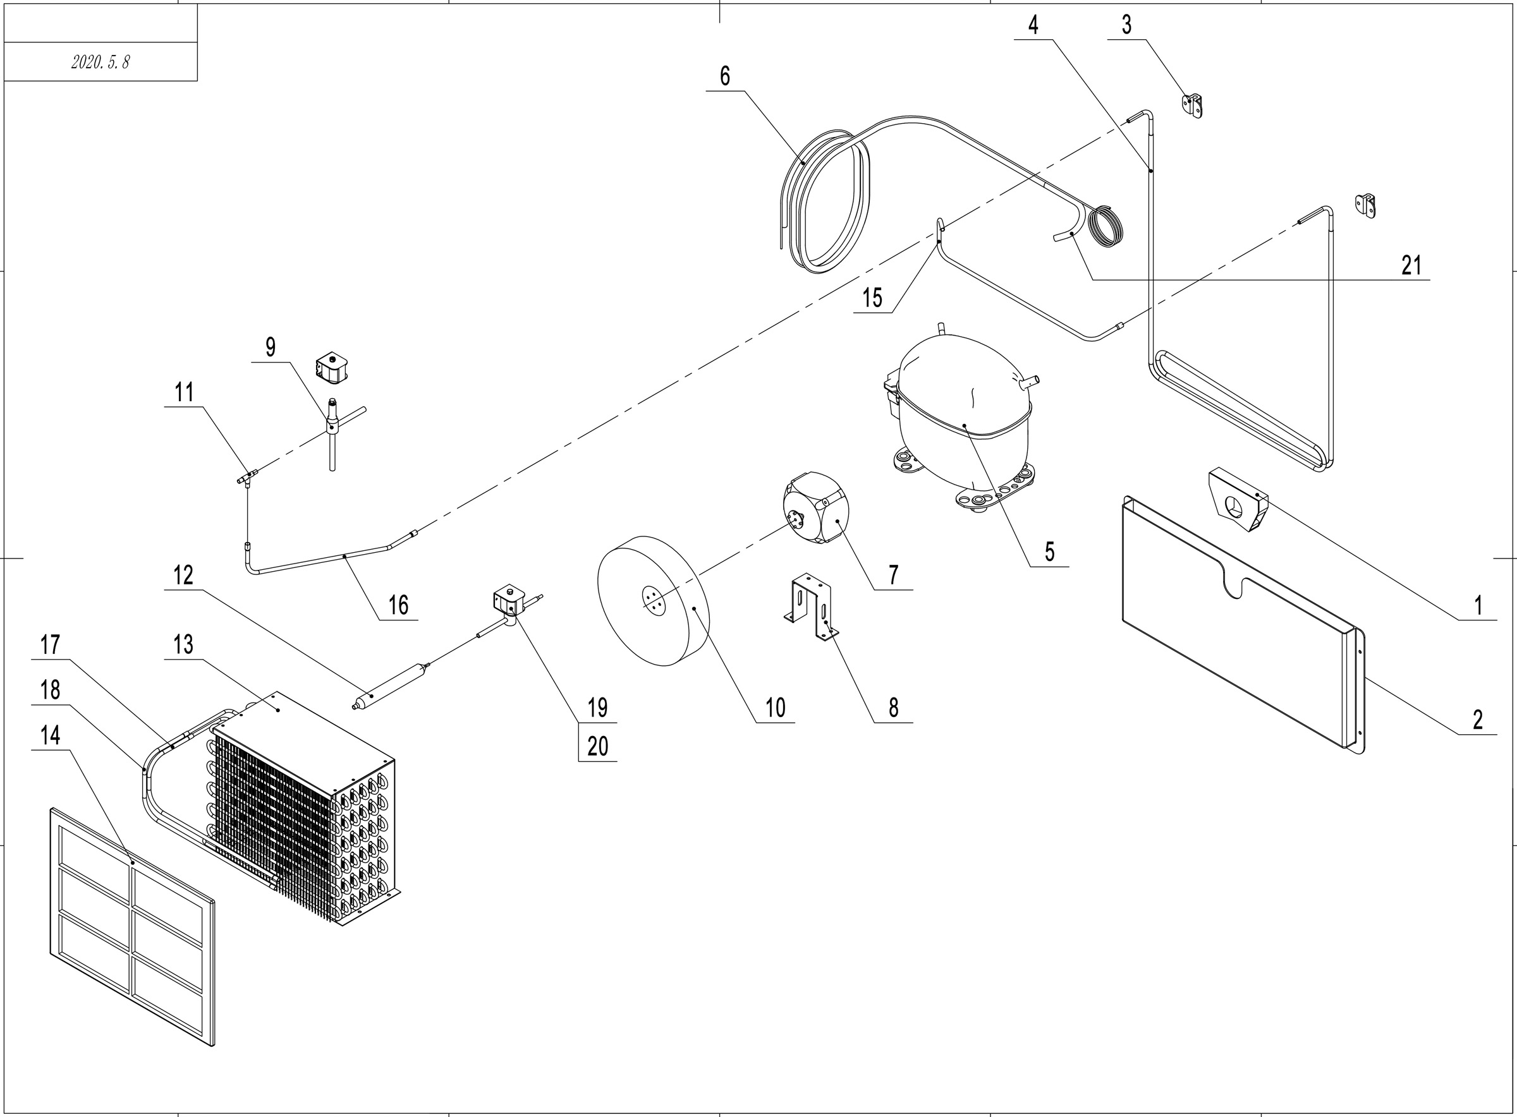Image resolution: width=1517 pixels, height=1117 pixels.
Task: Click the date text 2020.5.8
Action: point(100,62)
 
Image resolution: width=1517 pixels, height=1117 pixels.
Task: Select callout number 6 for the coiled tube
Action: point(725,76)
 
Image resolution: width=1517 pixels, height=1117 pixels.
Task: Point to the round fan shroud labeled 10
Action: point(653,601)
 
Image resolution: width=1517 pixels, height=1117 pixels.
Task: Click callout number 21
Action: point(1411,266)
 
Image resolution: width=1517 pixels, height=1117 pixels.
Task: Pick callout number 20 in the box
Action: point(597,747)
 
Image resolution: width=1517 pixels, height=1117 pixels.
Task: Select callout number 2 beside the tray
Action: point(1478,720)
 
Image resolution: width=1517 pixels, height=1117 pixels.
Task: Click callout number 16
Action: point(398,605)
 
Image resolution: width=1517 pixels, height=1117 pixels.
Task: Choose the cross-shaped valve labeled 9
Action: point(331,428)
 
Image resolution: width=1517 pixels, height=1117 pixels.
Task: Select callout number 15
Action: point(872,298)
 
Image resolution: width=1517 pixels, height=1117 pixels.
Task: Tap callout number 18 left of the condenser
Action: point(50,691)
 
